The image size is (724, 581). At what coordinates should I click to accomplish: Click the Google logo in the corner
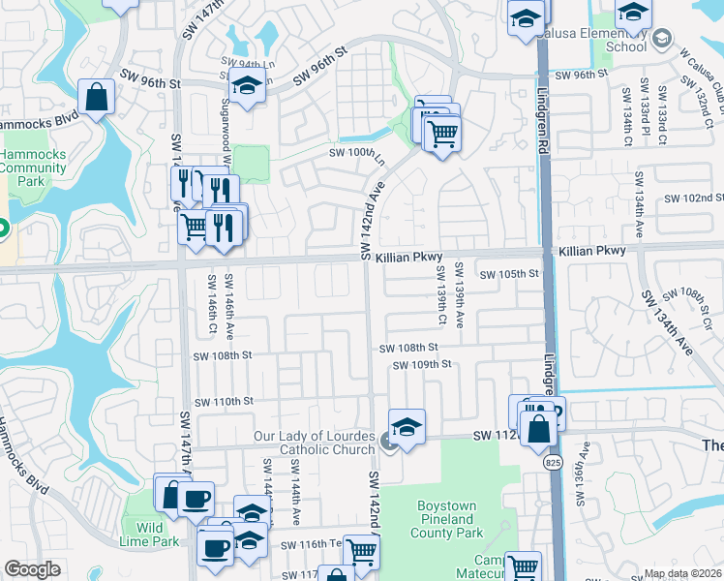[32, 569]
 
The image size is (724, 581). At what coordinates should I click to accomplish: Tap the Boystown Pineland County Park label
[449, 519]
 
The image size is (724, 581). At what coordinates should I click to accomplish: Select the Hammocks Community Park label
[32, 168]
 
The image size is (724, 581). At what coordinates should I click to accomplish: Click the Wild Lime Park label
[150, 535]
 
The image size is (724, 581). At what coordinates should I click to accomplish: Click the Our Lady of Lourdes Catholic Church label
[314, 443]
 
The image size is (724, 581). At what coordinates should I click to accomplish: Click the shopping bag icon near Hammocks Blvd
[96, 96]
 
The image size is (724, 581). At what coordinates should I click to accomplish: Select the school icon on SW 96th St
[247, 86]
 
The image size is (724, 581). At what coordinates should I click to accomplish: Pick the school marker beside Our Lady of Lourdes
[407, 426]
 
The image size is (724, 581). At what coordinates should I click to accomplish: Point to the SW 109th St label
[422, 364]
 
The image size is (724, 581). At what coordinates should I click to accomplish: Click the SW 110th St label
[224, 401]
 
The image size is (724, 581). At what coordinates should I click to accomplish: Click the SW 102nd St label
[693, 198]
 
